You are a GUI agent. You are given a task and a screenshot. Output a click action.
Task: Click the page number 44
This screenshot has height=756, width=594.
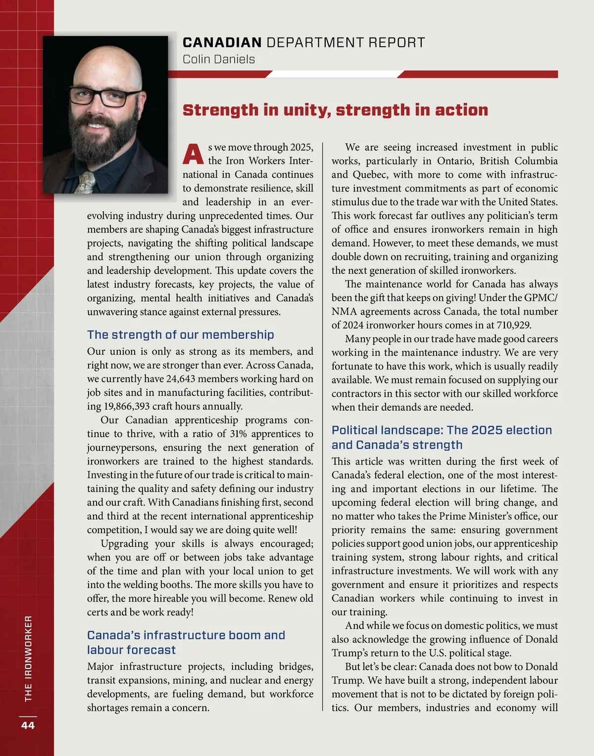pos(28,725)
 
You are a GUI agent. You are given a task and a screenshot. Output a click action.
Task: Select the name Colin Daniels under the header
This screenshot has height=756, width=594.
pos(219,59)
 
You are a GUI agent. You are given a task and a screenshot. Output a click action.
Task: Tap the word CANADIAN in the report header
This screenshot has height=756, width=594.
pos(222,43)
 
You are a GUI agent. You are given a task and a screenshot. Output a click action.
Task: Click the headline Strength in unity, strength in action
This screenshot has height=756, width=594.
pos(335,110)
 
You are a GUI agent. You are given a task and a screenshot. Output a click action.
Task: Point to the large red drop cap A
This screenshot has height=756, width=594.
pos(193,154)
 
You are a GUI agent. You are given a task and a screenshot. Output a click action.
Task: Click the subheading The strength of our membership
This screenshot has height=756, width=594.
pos(180,334)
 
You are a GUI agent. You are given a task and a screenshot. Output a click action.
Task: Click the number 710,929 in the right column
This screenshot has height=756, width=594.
pos(510,325)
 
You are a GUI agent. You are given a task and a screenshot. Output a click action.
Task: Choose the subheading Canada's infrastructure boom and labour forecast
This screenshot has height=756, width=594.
pos(186,642)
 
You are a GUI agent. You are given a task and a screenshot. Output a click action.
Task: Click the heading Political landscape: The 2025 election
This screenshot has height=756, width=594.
pos(442,430)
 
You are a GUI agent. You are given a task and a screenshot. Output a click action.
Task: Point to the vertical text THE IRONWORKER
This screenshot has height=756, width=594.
pos(28,658)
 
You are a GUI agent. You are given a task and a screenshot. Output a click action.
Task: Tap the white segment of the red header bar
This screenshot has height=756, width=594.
pos(335,74)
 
